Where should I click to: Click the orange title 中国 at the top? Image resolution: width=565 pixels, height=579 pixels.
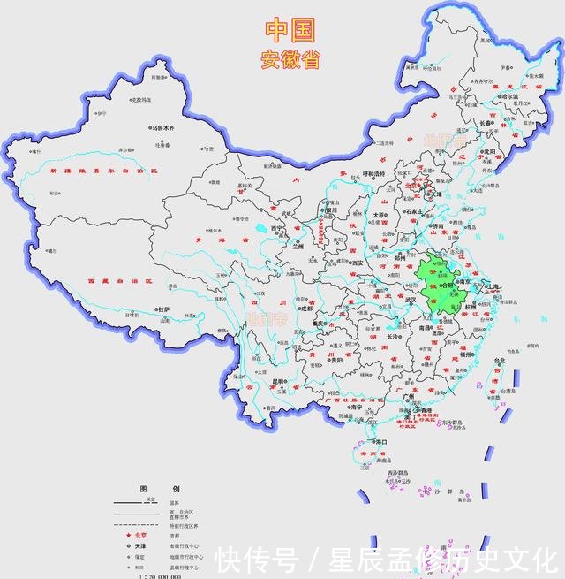(290, 30)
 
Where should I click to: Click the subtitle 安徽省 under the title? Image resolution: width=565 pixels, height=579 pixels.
(290, 60)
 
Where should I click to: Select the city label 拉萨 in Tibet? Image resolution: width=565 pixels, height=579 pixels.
(163, 309)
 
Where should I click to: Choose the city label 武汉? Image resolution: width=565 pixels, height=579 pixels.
(408, 301)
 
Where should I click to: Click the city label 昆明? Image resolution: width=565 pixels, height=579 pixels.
(280, 383)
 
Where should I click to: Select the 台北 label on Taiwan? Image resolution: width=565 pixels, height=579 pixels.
(500, 361)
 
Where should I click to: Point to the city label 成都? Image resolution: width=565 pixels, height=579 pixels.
(305, 309)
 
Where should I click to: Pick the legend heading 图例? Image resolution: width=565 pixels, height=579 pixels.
(159, 489)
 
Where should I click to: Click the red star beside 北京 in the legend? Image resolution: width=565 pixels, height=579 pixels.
(128, 536)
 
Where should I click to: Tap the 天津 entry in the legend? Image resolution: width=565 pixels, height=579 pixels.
(140, 546)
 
